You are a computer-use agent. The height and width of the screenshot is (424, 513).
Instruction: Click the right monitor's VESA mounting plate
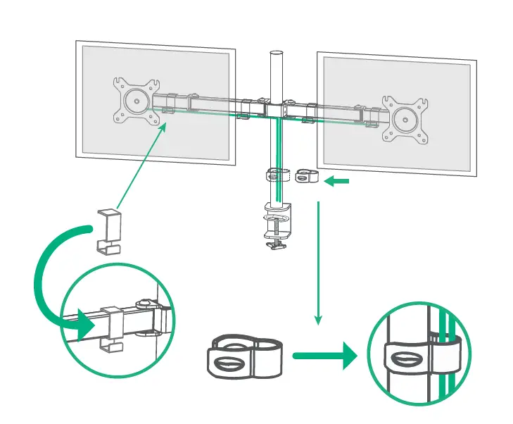[404, 116]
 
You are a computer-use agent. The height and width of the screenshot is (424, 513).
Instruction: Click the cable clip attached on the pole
[277, 176]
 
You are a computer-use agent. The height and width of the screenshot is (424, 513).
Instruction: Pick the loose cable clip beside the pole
[306, 176]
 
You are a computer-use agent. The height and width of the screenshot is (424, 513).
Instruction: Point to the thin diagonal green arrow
[141, 166]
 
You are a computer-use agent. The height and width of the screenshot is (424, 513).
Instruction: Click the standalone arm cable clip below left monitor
[108, 230]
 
